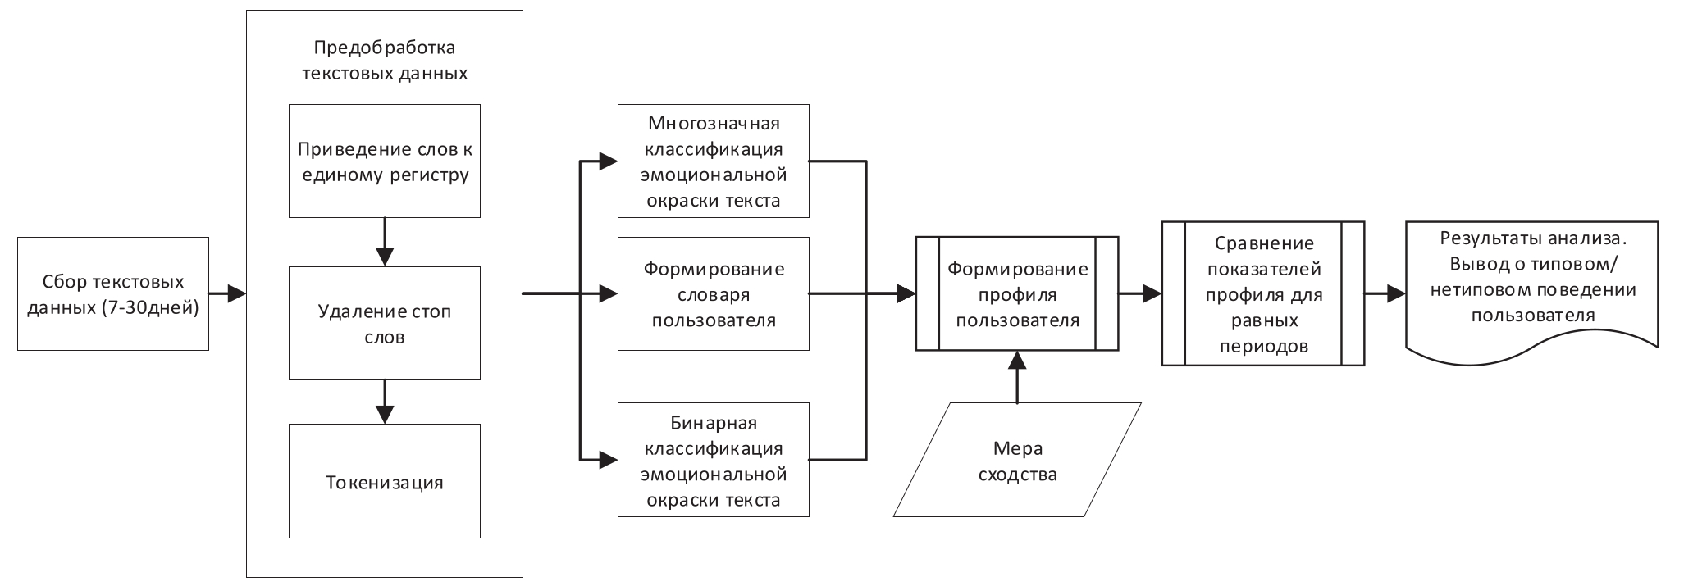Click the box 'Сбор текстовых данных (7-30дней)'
pyautogui.click(x=113, y=294)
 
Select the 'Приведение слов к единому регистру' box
pyautogui.click(x=385, y=161)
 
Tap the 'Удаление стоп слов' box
pyautogui.click(x=385, y=323)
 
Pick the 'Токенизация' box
pyautogui.click(x=385, y=481)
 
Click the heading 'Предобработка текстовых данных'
pyautogui.click(x=385, y=61)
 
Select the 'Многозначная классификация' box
pyautogui.click(x=714, y=161)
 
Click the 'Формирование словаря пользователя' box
pyautogui.click(x=714, y=294)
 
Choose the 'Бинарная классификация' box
pyautogui.click(x=714, y=460)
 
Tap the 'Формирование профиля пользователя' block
pyautogui.click(x=1017, y=294)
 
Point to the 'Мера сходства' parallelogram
pyautogui.click(x=1017, y=460)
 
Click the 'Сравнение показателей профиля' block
pyautogui.click(x=1263, y=294)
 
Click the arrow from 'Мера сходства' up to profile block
pyautogui.click(x=1017, y=377)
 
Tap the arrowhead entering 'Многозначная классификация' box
pyautogui.click(x=607, y=161)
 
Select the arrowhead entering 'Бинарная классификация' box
pyautogui.click(x=607, y=460)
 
